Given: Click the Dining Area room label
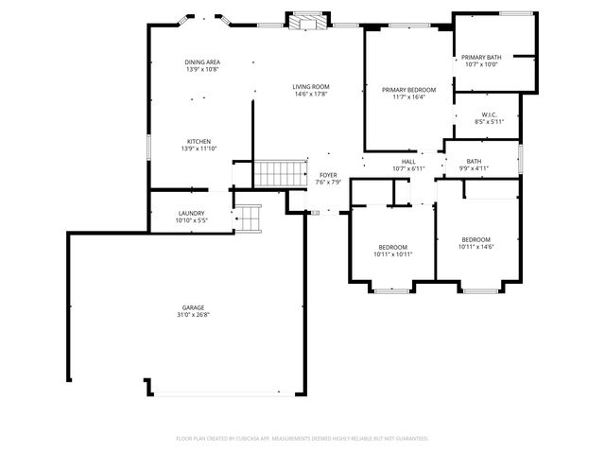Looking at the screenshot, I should tap(202, 62).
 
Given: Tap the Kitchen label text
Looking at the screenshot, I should tap(199, 142).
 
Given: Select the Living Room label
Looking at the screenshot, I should tap(311, 87).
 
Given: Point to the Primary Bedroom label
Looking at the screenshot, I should tap(408, 90).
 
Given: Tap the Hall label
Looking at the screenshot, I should tap(408, 162).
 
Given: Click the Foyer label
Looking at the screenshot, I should tap(328, 175).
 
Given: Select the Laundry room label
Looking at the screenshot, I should tap(192, 214).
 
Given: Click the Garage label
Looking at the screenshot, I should tap(193, 307).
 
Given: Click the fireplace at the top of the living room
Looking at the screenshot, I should tap(307, 20).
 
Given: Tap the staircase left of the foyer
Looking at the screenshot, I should tap(278, 173).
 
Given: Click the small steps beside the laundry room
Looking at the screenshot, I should tap(248, 218).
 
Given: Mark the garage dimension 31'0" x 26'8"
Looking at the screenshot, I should tap(193, 314).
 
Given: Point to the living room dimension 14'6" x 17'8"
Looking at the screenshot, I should tap(311, 94).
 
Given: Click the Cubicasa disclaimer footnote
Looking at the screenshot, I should tap(302, 438).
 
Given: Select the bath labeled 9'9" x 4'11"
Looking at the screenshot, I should tap(473, 165).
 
